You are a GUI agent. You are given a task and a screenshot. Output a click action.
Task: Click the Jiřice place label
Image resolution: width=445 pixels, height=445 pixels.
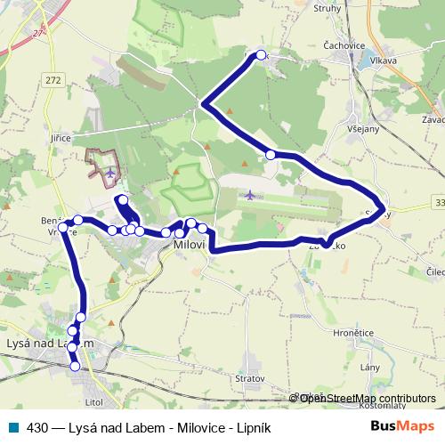61,139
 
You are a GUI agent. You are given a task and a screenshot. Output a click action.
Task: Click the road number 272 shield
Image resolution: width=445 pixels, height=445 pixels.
53,80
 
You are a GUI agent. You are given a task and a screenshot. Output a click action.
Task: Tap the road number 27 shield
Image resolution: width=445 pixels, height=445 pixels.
38,32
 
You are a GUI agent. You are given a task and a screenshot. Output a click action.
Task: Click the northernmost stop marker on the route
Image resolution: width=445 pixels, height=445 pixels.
261,55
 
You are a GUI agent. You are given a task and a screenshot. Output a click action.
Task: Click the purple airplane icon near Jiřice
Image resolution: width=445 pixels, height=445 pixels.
109,172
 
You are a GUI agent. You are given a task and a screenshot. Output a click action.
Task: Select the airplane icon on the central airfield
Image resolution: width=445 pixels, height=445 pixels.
249,194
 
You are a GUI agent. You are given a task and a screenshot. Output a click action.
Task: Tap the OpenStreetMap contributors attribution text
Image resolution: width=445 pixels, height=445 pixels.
367,399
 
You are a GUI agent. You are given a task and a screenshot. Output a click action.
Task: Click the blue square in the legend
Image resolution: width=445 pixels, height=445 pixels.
15,426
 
